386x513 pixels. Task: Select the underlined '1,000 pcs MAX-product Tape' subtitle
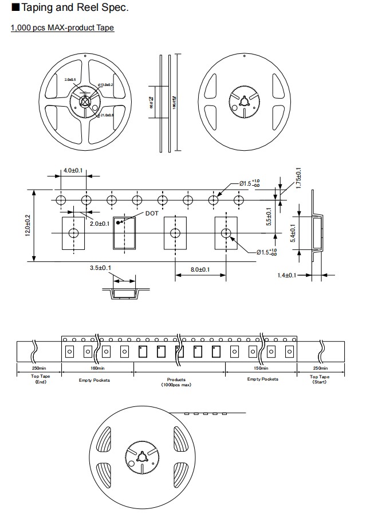(x=62, y=28)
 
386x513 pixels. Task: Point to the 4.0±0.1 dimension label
(x=73, y=171)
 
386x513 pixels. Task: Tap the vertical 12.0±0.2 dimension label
(x=27, y=226)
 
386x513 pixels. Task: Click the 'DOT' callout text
(x=152, y=213)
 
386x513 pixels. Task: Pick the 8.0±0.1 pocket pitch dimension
(x=200, y=269)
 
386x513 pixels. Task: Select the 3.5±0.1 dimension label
(x=100, y=268)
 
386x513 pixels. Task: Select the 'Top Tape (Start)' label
(x=320, y=379)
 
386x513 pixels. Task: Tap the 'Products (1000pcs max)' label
(x=176, y=382)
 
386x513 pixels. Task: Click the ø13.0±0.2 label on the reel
(x=106, y=84)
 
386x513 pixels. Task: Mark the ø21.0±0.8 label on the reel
(x=106, y=115)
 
